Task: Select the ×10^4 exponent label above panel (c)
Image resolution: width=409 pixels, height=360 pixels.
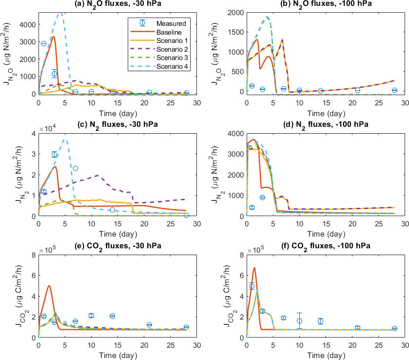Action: pyautogui.click(x=46, y=129)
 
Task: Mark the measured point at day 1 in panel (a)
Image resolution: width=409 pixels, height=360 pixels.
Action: pyautogui.click(x=43, y=44)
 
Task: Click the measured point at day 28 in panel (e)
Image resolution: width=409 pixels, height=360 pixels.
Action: pyautogui.click(x=186, y=327)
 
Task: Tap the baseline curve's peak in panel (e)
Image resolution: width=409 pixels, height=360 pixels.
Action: pyautogui.click(x=49, y=286)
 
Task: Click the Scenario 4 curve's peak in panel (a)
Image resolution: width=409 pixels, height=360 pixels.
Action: pyautogui.click(x=60, y=13)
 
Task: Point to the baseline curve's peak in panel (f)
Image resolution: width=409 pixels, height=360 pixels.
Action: pyautogui.click(x=254, y=267)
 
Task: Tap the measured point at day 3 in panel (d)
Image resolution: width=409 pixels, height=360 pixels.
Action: pyautogui.click(x=262, y=198)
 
